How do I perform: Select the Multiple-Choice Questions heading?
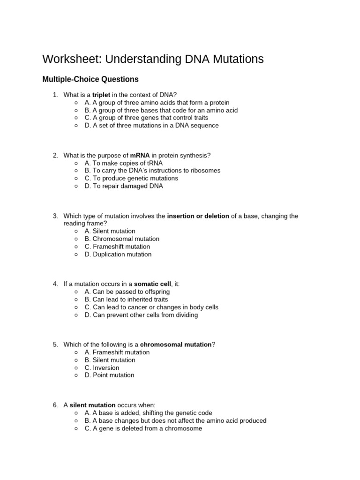pyautogui.click(x=90, y=80)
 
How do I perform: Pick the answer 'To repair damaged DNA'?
pyautogui.click(x=124, y=186)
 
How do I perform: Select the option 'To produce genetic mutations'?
pyautogui.click(x=131, y=178)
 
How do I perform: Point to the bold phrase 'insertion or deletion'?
pyautogui.click(x=198, y=216)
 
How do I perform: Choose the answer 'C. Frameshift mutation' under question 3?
pyautogui.click(x=117, y=247)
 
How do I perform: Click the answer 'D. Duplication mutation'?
pyautogui.click(x=118, y=254)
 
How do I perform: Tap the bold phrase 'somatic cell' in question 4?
pyautogui.click(x=153, y=284)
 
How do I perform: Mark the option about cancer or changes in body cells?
pyautogui.click(x=151, y=307)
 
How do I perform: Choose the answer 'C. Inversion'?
pyautogui.click(x=102, y=367)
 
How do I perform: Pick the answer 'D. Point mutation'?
pyautogui.click(x=109, y=375)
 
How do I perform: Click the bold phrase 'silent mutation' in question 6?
pyautogui.click(x=92, y=405)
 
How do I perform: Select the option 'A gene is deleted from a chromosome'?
pyautogui.click(x=143, y=428)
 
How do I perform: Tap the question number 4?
pyautogui.click(x=55, y=284)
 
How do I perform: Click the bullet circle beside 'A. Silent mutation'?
pyautogui.click(x=76, y=231)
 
